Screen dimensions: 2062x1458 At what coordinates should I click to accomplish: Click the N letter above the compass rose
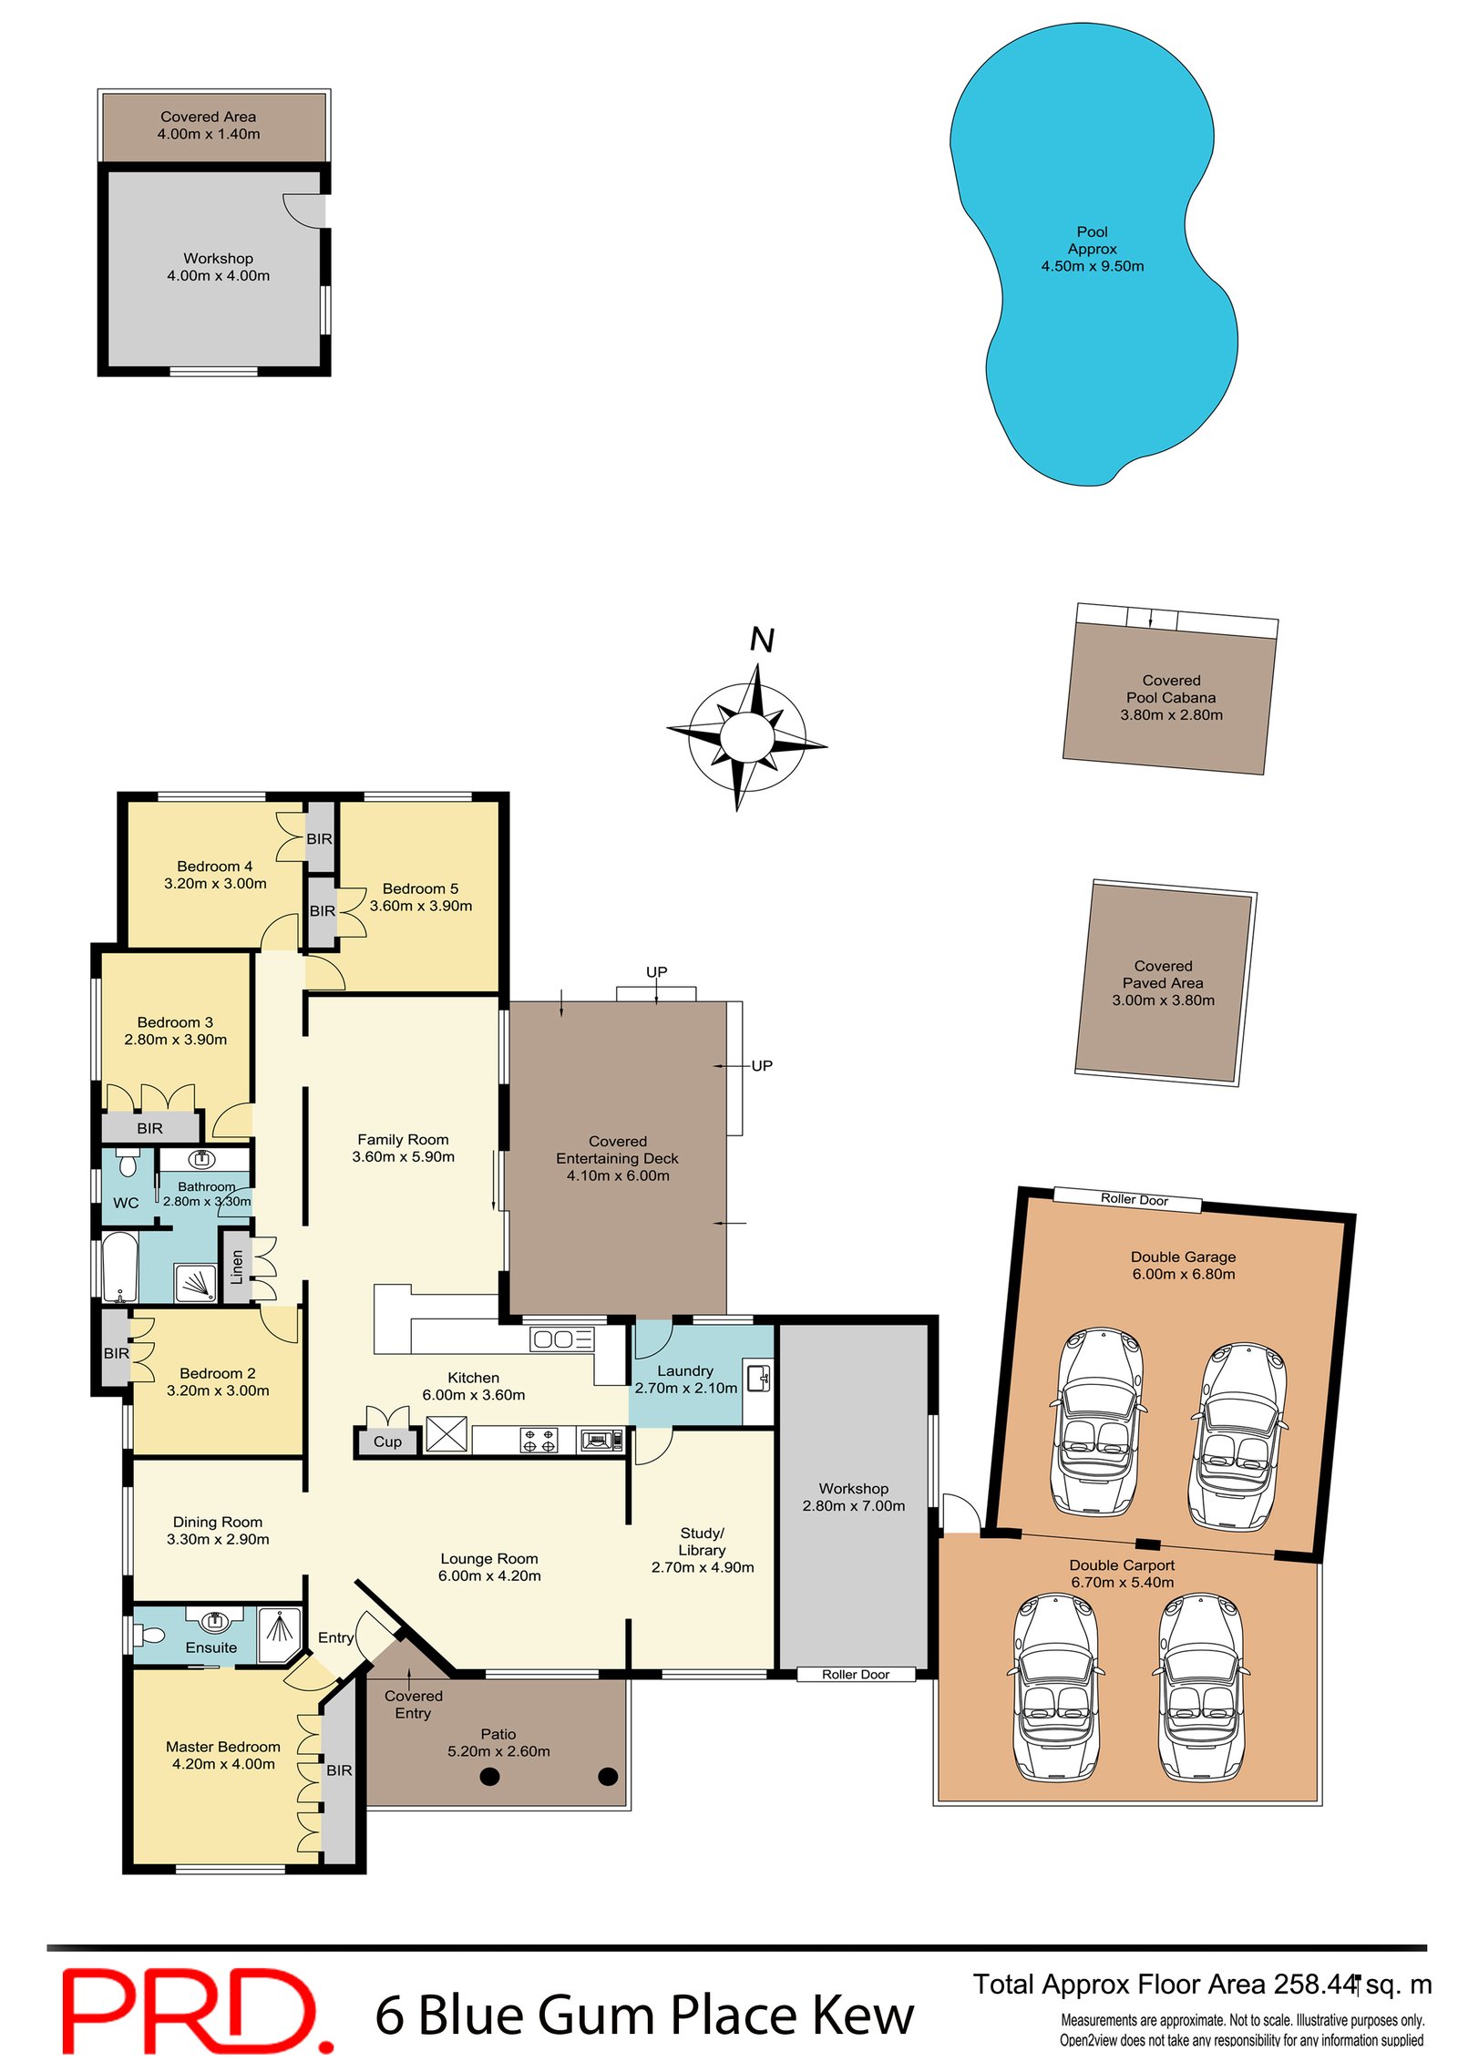tap(762, 640)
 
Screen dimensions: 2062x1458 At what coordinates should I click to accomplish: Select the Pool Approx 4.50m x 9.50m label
tap(1092, 249)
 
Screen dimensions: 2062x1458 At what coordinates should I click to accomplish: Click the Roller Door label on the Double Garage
tap(1134, 1199)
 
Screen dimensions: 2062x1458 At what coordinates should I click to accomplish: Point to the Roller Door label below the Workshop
tap(855, 1674)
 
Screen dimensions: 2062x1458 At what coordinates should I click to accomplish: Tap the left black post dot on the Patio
tap(489, 1776)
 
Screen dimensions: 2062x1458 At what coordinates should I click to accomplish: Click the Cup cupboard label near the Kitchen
tap(387, 1441)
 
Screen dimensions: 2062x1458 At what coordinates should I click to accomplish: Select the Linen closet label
tap(237, 1267)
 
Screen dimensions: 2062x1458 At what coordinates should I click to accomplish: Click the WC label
tap(126, 1203)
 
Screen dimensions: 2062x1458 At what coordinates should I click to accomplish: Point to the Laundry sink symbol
tap(758, 1379)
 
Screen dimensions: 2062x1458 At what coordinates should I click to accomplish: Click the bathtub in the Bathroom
tap(119, 1267)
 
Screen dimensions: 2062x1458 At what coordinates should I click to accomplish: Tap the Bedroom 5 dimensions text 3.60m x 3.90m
tap(421, 906)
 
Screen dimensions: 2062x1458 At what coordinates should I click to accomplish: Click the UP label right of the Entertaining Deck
tap(762, 1065)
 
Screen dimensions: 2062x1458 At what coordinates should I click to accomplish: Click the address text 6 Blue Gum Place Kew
tap(644, 2015)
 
